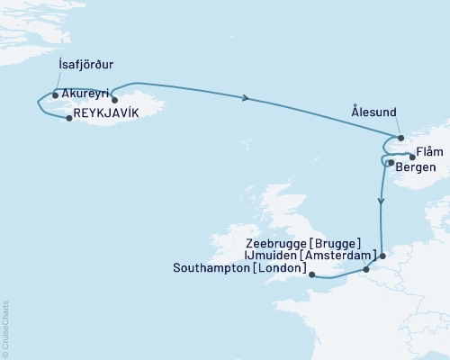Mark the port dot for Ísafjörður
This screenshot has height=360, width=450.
pos(56,94)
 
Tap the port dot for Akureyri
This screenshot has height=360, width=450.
pos(114,100)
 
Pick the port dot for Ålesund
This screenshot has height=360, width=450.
pos(400,139)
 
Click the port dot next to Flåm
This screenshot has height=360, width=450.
pos(412,157)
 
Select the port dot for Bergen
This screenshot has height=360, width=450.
pos(391,163)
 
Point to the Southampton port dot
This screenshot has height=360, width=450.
pos(311,275)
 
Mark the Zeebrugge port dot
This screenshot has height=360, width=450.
pos(366,269)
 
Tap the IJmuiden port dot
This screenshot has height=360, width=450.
pos(382,256)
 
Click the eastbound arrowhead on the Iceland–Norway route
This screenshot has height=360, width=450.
pos(247,99)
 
